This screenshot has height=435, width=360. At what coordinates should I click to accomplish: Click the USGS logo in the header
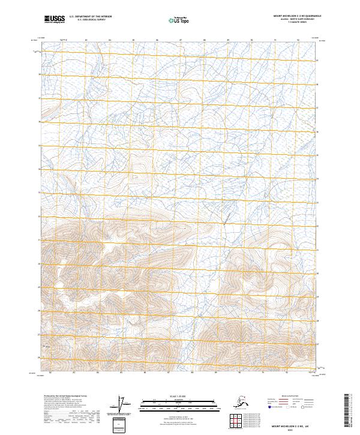(55, 19)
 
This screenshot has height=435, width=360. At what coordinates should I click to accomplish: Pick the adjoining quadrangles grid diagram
(239, 419)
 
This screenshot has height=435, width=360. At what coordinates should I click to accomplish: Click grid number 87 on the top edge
(181, 40)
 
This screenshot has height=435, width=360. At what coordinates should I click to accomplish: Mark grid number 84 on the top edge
(110, 40)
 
